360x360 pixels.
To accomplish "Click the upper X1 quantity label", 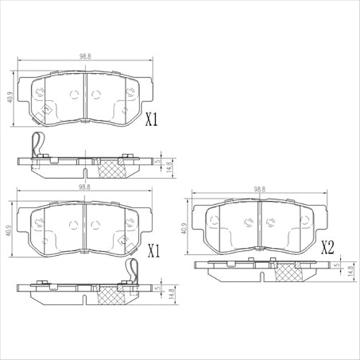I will [x=152, y=119].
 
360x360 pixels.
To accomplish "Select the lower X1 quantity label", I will [x=152, y=251].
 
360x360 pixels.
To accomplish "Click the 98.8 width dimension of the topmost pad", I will [x=85, y=56].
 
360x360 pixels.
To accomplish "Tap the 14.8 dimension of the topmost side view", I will [x=170, y=166].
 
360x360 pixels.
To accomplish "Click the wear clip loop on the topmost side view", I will [x=37, y=146].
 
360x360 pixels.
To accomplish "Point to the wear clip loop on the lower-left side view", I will [x=131, y=272].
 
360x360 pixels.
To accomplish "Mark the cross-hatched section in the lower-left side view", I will [x=109, y=295].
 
